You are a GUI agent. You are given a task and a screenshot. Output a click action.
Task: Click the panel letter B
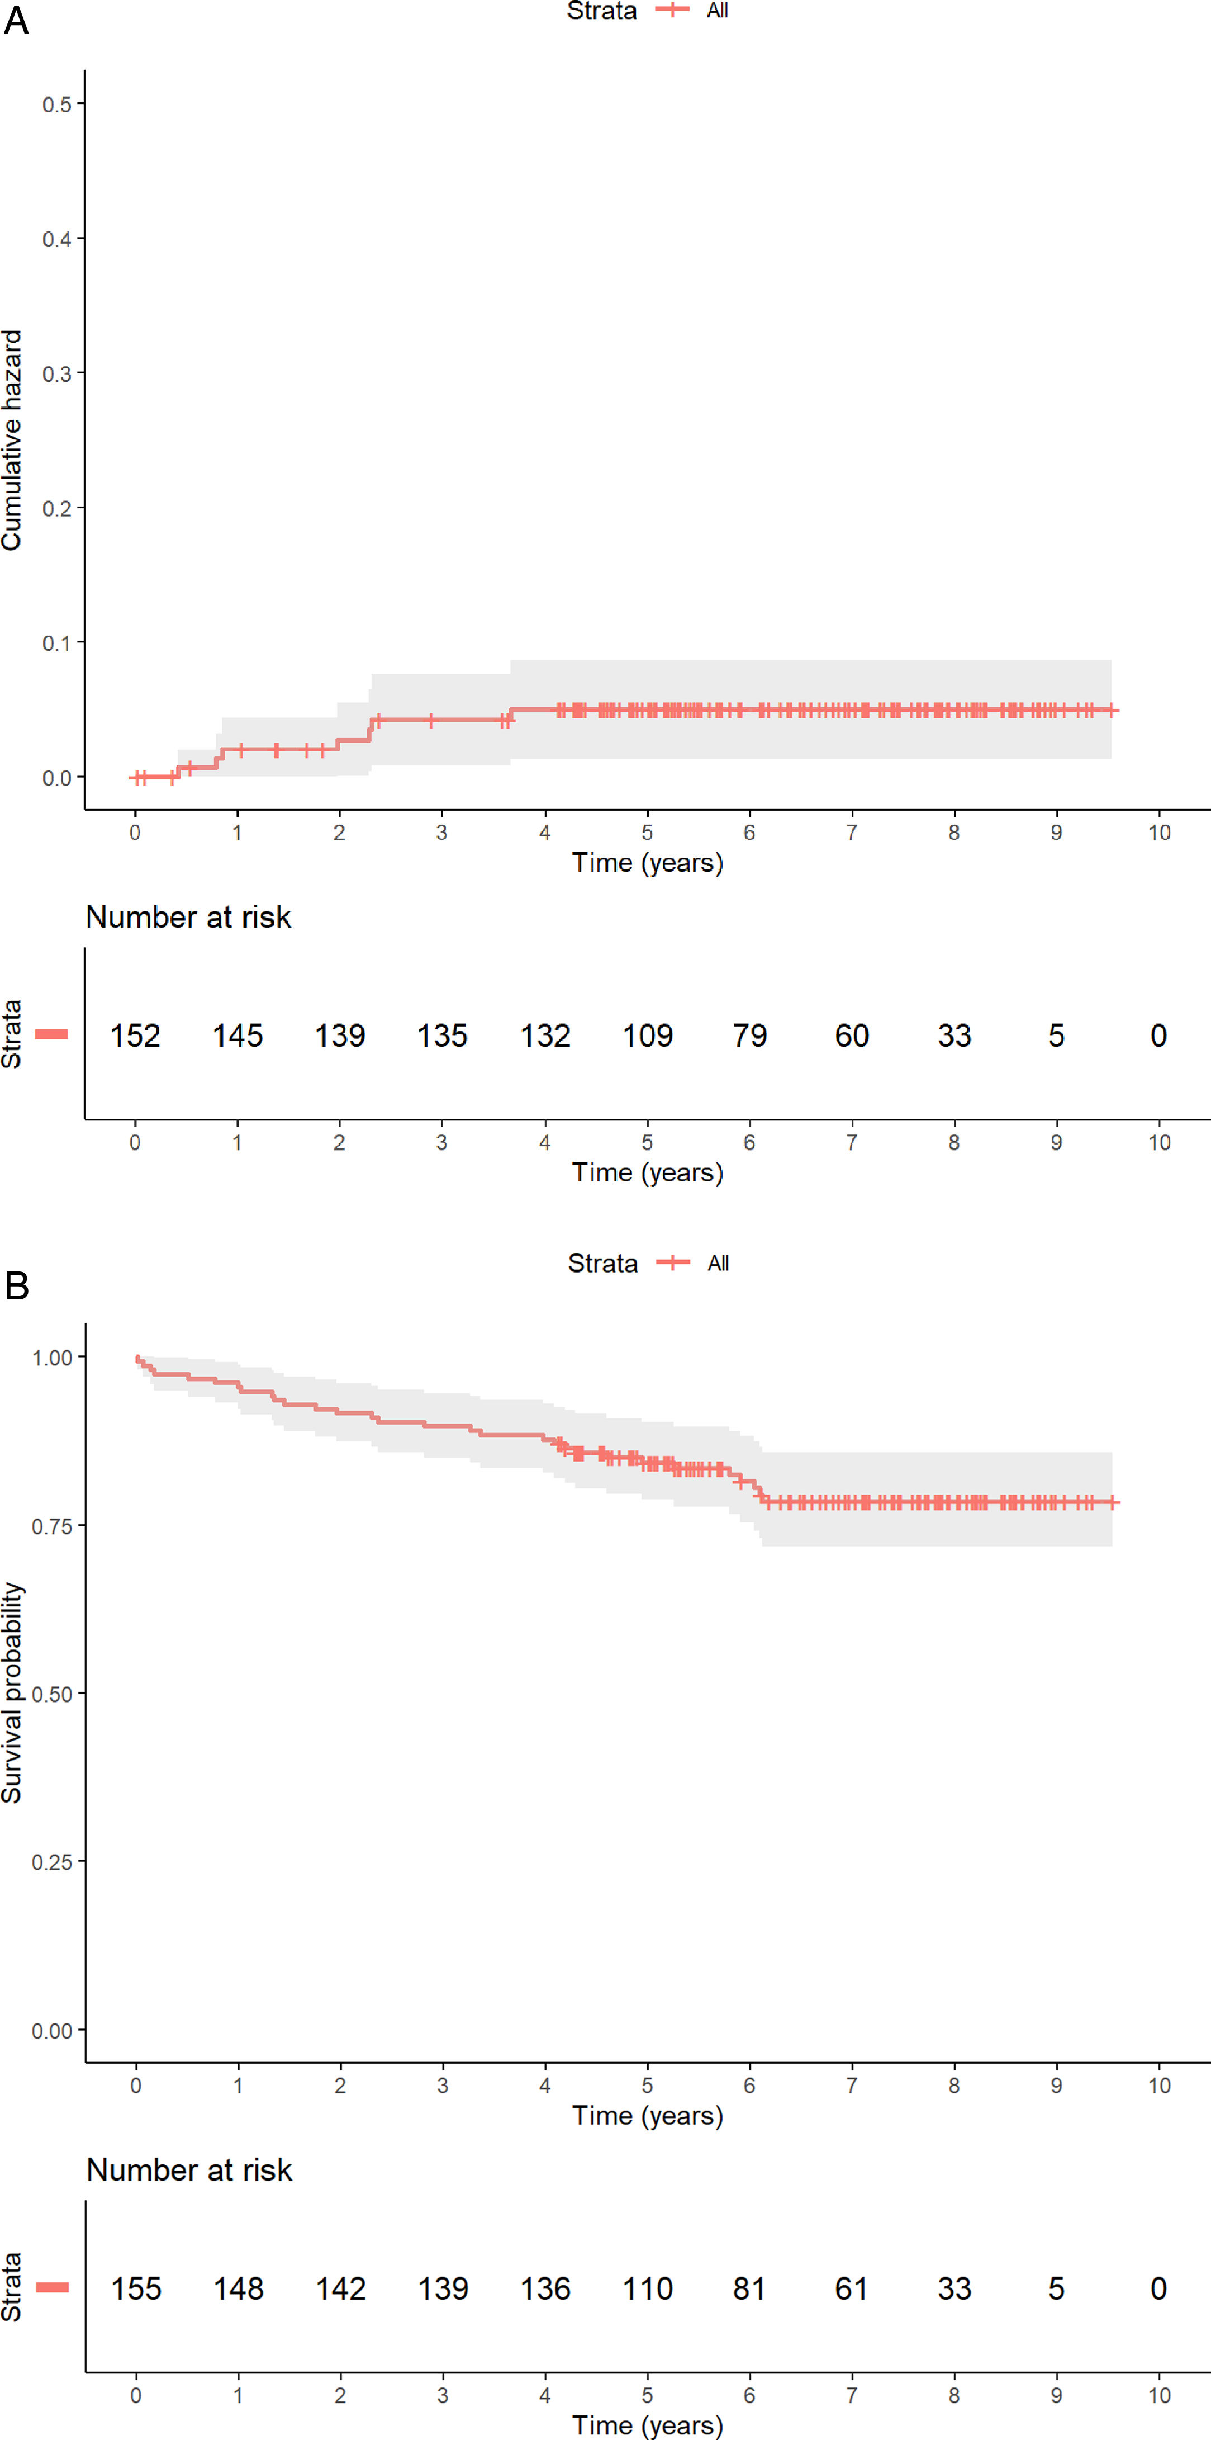point(16,1285)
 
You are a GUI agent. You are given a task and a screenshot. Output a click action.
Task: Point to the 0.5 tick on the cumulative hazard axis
point(57,104)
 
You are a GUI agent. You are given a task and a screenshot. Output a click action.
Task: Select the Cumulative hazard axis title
point(11,439)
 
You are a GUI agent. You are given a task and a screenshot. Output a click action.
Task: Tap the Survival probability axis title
point(11,1692)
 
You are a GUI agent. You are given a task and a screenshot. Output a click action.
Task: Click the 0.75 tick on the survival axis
point(52,1526)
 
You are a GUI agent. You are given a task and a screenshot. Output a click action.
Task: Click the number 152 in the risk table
point(135,1035)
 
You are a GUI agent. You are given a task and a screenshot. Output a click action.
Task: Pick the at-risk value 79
point(749,1035)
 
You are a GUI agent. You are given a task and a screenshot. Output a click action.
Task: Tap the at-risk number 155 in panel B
point(136,2288)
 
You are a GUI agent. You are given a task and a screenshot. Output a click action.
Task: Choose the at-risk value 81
point(749,2288)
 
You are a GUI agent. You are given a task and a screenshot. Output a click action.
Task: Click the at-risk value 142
point(341,2288)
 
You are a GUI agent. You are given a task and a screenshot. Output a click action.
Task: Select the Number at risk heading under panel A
point(188,917)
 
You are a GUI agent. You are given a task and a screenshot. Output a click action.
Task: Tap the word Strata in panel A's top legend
point(601,11)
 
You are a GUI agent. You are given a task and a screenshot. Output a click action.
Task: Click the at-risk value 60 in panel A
point(851,1035)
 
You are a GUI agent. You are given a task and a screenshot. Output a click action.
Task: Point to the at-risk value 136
point(545,2288)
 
